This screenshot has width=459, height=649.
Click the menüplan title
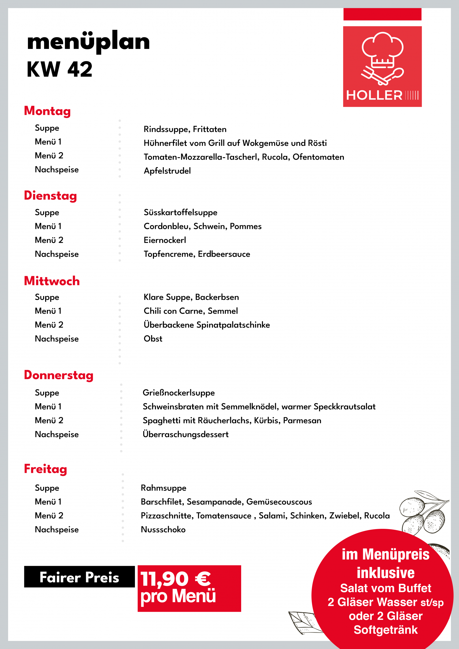tap(88, 42)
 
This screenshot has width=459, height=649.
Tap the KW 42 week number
tap(60, 69)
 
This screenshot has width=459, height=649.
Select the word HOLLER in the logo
tap(374, 95)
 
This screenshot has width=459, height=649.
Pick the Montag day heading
tap(47, 111)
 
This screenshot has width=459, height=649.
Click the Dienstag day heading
tap(50, 196)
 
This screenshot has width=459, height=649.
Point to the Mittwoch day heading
tap(52, 281)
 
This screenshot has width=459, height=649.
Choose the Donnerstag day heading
tap(59, 375)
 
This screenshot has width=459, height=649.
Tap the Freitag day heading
tap(46, 469)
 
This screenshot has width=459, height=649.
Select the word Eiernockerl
tap(165, 240)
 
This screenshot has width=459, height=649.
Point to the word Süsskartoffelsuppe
tap(181, 212)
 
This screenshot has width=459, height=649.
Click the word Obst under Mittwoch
tap(153, 339)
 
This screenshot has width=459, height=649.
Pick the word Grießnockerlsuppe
tap(179, 393)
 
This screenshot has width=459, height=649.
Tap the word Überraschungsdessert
tap(186, 434)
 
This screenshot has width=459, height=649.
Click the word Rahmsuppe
tap(164, 488)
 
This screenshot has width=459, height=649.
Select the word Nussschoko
tap(163, 529)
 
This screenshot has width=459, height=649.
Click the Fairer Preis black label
tap(79, 577)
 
